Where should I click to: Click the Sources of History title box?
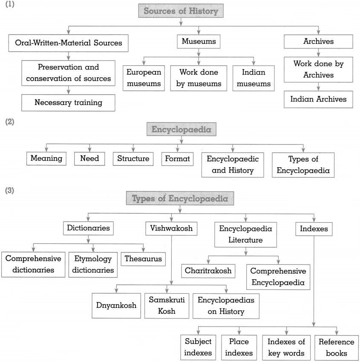(181, 11)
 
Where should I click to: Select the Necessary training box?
(68, 103)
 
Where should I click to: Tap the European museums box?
(144, 78)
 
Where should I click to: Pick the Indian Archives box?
(318, 99)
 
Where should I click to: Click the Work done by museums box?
(199, 78)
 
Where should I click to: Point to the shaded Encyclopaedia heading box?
(181, 129)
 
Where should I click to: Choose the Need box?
(89, 159)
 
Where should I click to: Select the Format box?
(177, 159)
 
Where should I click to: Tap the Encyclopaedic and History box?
(233, 165)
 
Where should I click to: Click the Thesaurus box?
(143, 259)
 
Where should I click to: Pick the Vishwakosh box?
(171, 229)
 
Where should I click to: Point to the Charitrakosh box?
(208, 271)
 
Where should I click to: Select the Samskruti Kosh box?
(167, 306)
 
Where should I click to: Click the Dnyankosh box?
(116, 306)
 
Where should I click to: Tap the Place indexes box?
(239, 348)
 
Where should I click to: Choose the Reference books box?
(337, 348)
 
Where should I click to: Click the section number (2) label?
(10, 122)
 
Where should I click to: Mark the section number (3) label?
(10, 191)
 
